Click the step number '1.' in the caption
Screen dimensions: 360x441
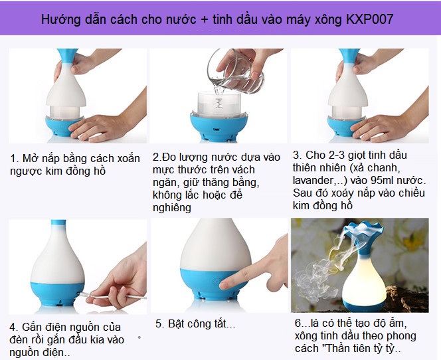15,159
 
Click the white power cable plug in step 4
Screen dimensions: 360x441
86,293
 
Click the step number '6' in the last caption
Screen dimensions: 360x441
298,323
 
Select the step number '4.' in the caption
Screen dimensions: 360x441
15,327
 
